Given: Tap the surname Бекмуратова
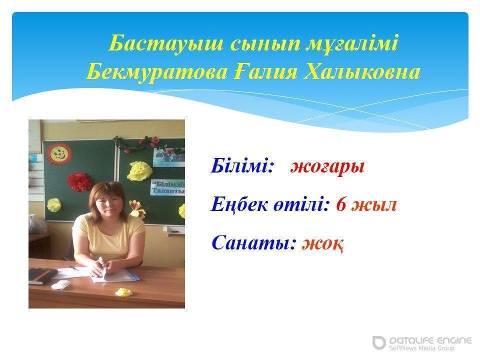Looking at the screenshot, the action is [x=156, y=73].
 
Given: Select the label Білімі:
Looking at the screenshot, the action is [x=242, y=165].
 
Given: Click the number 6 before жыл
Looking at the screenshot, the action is [x=341, y=204].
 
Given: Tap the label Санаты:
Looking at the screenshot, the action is [x=254, y=243].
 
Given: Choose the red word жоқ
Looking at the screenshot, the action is [x=322, y=244].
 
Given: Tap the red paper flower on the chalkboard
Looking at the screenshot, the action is [x=80, y=181].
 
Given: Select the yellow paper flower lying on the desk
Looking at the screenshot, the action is [x=123, y=291].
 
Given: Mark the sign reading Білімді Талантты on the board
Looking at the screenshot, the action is [x=168, y=187].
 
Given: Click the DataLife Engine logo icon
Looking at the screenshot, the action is [x=379, y=342].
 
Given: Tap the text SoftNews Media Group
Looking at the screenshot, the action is [x=421, y=348].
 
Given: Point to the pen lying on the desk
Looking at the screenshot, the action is [x=74, y=268].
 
